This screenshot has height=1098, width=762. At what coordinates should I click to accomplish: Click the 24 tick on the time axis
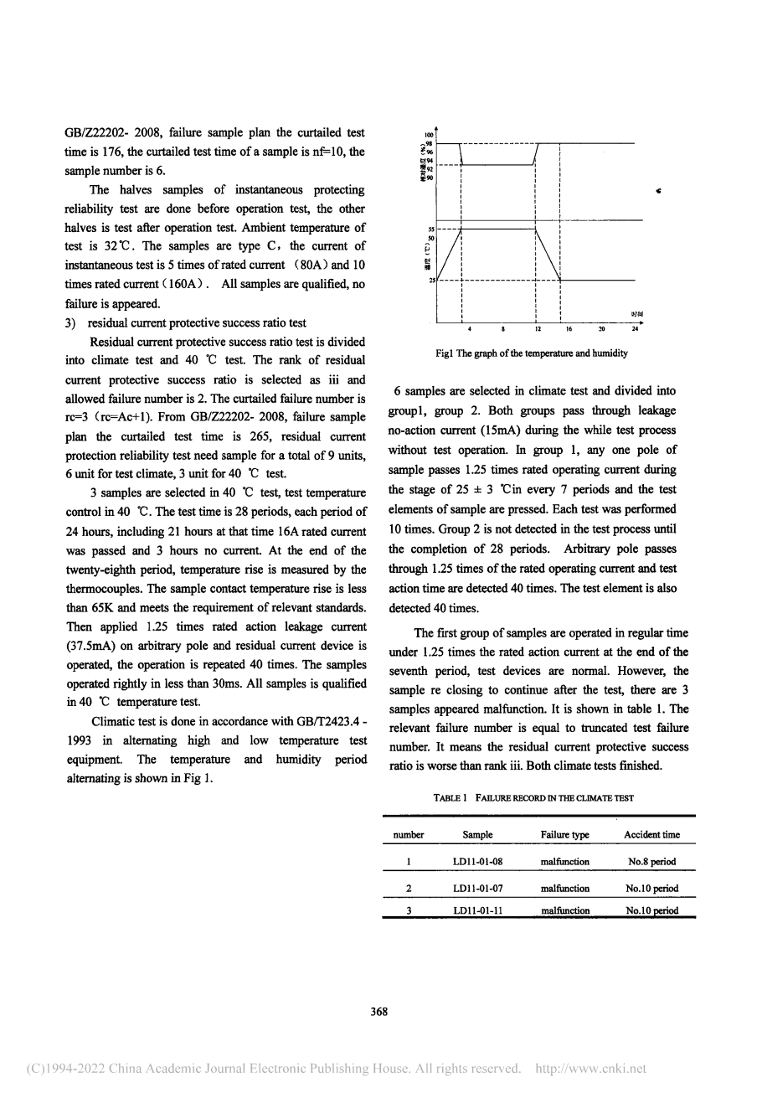[635, 329]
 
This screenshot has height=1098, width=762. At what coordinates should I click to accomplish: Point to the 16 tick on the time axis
[568, 329]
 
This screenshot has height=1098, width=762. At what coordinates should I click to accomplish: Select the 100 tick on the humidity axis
[428, 135]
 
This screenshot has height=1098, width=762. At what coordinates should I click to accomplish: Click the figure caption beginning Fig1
[532, 353]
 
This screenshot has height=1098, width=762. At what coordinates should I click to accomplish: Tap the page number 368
[379, 1012]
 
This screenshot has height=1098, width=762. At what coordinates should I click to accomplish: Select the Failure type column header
[565, 834]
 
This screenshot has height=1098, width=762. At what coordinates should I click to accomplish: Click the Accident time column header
[651, 834]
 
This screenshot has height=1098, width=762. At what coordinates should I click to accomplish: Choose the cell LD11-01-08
[477, 861]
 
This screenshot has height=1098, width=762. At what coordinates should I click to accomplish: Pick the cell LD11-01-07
[477, 888]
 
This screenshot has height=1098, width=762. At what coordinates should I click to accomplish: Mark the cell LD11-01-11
[477, 910]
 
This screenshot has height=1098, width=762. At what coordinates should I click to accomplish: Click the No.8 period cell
[651, 861]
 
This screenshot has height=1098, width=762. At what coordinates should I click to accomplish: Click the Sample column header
[477, 834]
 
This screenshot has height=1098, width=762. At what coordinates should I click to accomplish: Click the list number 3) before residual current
[71, 322]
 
